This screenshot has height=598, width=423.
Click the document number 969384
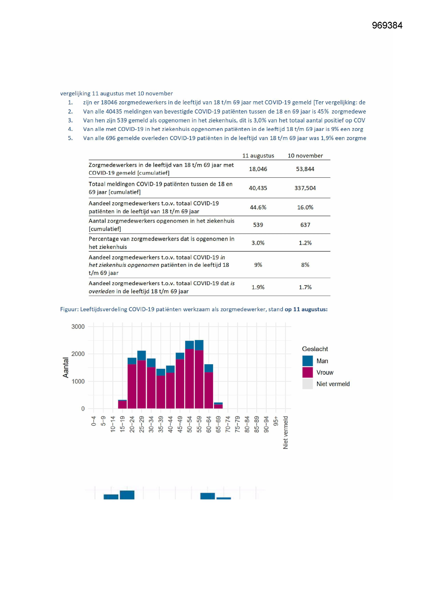(x=387, y=25)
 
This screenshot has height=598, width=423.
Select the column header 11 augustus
(x=258, y=156)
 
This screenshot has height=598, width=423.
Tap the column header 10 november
(x=305, y=156)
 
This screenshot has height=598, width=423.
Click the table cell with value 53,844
(x=305, y=169)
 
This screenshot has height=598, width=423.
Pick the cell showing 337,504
(x=305, y=188)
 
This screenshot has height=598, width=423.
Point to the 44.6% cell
(x=258, y=207)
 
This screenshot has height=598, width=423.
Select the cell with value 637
(x=305, y=225)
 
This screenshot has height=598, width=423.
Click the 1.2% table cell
(x=305, y=243)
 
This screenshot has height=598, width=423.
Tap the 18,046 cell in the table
(x=258, y=169)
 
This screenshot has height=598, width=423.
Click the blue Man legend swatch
(x=307, y=361)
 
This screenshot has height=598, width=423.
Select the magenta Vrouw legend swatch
(x=307, y=372)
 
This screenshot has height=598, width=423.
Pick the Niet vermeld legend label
(x=333, y=384)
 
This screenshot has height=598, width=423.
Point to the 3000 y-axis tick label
(x=78, y=327)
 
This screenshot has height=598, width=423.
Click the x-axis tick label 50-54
(x=190, y=425)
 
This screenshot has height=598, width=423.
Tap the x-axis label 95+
(x=276, y=422)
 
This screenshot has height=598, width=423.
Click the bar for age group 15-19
(x=123, y=404)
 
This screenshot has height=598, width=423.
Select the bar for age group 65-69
(x=218, y=405)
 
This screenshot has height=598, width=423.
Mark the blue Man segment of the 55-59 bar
(x=199, y=345)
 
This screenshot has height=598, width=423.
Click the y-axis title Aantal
(x=66, y=368)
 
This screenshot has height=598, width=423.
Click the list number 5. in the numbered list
(x=70, y=138)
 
